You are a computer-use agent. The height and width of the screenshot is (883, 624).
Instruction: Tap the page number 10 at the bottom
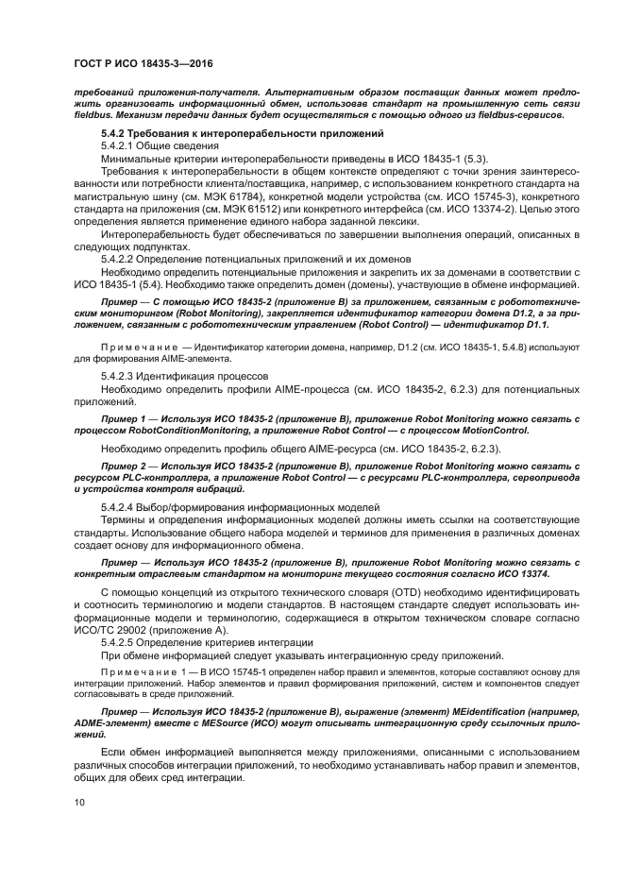pyautogui.click(x=78, y=802)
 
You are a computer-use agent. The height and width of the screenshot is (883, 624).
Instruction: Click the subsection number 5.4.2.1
pyautogui.click(x=121, y=147)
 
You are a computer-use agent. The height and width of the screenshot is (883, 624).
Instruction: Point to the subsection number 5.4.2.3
pyautogui.click(x=121, y=375)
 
